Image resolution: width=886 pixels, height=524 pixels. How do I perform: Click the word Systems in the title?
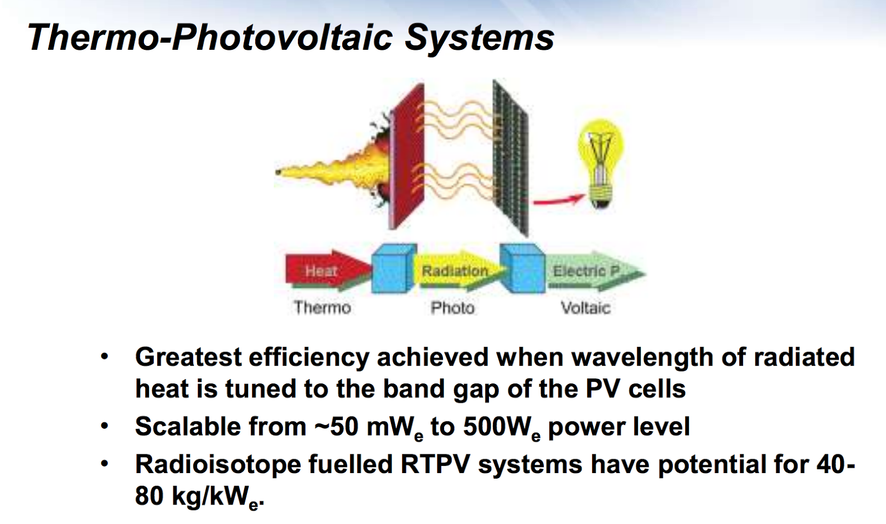(x=480, y=38)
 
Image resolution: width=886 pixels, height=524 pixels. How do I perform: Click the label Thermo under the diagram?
(x=322, y=308)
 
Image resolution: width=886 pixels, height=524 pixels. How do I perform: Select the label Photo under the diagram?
(x=452, y=308)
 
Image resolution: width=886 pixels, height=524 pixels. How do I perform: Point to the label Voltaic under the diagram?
(x=585, y=308)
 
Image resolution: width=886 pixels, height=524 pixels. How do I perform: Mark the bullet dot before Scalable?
(x=104, y=427)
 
